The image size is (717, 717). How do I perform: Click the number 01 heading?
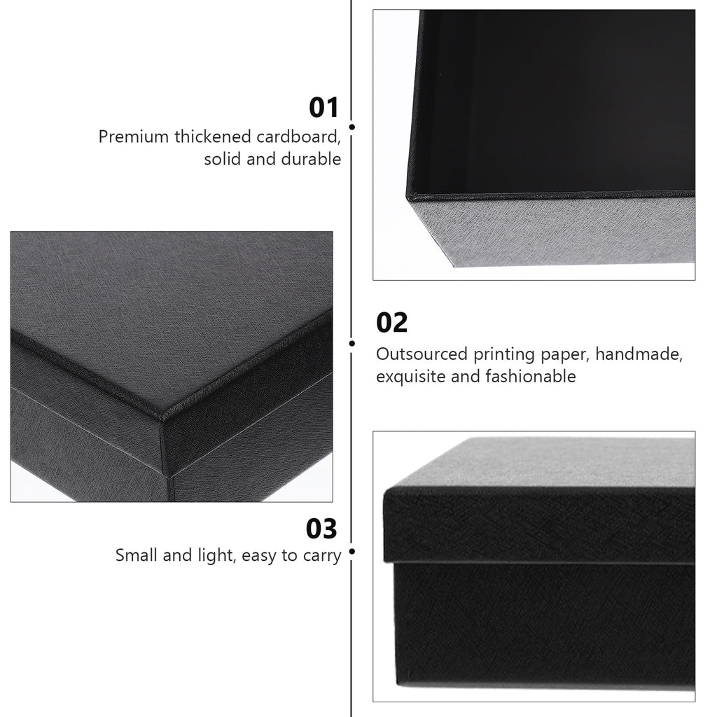point(323,108)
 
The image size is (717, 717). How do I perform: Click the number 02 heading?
point(392,323)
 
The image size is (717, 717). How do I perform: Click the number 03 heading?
point(321,529)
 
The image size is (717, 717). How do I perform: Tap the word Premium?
point(134,137)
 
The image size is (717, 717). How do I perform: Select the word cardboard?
point(298,137)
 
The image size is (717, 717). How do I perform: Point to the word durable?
point(311,159)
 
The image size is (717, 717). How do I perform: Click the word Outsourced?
point(422,354)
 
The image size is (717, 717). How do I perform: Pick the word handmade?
point(639,354)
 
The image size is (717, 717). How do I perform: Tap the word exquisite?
point(411,377)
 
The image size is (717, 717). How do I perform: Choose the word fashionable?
point(531,376)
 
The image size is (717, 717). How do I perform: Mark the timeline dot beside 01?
point(352,127)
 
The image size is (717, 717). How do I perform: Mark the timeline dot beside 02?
point(352,343)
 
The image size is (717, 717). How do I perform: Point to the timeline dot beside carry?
point(352,552)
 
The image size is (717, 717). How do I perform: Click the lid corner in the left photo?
point(162,417)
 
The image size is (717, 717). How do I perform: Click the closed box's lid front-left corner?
point(384,492)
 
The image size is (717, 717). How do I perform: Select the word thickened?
point(213,137)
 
